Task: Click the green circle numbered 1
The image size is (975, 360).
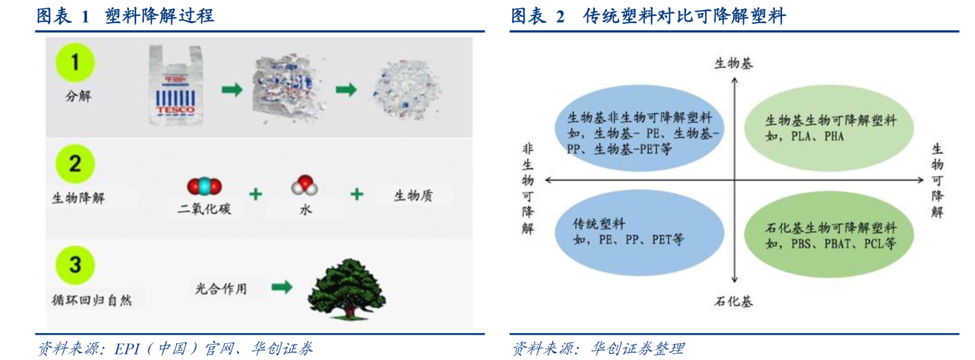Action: [75, 62]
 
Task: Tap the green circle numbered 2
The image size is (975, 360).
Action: [75, 164]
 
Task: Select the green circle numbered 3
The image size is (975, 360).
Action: [75, 265]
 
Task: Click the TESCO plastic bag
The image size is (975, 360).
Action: [176, 85]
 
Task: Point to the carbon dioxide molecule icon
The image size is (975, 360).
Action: [204, 186]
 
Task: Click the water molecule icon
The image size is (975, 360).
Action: [304, 185]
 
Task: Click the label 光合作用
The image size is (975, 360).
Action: [221, 288]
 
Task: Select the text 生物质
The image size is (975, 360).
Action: [413, 196]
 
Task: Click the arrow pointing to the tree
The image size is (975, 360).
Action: [282, 287]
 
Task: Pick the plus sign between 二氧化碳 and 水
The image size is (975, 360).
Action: [256, 194]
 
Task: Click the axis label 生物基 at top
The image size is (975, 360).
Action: [734, 64]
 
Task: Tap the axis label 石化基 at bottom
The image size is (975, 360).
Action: [734, 302]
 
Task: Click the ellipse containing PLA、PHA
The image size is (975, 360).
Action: [829, 128]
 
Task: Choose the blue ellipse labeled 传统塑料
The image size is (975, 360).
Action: [640, 232]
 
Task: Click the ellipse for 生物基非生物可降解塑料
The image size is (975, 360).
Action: [640, 128]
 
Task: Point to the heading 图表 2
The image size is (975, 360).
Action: [537, 16]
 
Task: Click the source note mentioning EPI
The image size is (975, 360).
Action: [175, 348]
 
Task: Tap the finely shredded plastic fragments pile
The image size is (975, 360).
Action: [407, 89]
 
